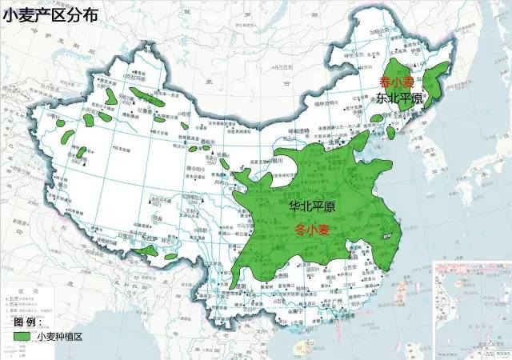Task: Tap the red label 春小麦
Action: pyautogui.click(x=396, y=82)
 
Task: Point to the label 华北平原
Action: pyautogui.click(x=311, y=206)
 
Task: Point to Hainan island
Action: pyautogui.click(x=302, y=349)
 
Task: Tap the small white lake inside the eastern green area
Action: pyautogui.click(x=385, y=235)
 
